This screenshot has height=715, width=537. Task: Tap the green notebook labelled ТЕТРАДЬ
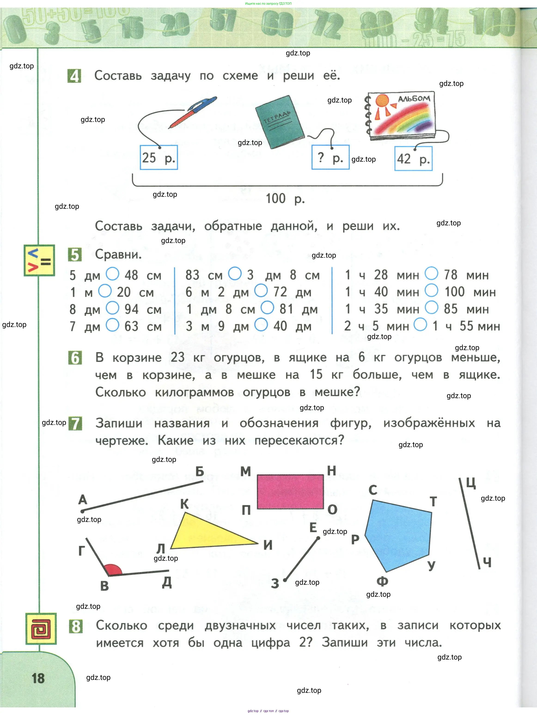click(280, 122)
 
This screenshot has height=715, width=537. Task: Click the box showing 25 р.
click(159, 158)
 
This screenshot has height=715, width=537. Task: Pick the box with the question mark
click(330, 158)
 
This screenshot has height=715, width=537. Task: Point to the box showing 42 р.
click(413, 158)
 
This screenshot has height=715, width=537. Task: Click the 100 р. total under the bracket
click(285, 198)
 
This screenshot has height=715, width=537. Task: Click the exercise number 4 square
click(74, 76)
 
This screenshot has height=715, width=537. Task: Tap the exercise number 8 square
click(76, 626)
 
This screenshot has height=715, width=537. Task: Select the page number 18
click(38, 678)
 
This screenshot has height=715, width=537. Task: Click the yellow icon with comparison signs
click(39, 260)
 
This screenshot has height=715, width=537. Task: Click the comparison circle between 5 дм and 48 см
click(113, 274)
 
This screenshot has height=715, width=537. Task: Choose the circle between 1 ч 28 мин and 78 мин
click(431, 273)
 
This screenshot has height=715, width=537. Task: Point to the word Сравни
click(118, 255)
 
